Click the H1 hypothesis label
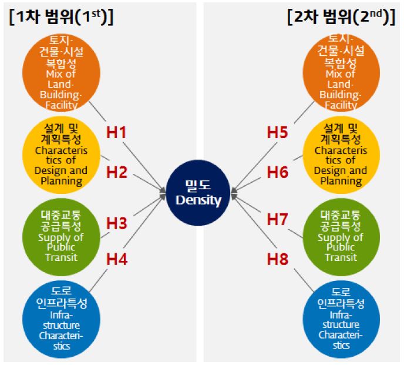point(116,133)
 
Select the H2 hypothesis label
point(116,172)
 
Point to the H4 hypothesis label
point(116,258)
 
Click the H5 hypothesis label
point(277,133)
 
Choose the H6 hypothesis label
point(277,172)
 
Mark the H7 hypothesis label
point(277,219)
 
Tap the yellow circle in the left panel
point(58,154)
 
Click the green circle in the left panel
point(58,235)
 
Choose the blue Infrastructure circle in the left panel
point(58,318)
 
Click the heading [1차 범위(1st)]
point(61,16)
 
